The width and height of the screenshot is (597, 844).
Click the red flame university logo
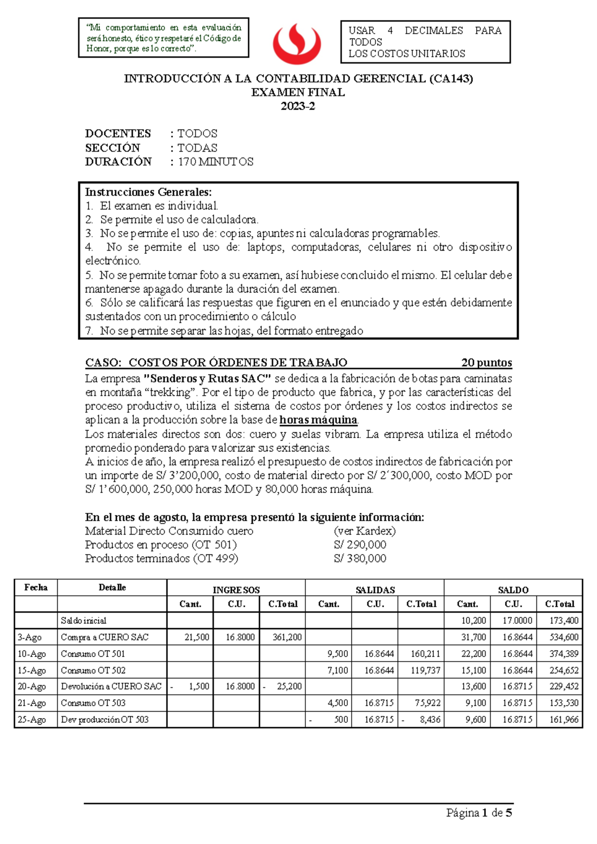pyautogui.click(x=297, y=44)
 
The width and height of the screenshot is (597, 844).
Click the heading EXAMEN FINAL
pyautogui.click(x=298, y=93)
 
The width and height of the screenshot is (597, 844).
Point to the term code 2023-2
pyautogui.click(x=298, y=106)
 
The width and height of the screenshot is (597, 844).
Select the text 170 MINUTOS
pyautogui.click(x=215, y=162)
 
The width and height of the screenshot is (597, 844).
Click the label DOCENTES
pyautogui.click(x=118, y=133)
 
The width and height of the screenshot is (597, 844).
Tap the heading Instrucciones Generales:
pyautogui.click(x=148, y=192)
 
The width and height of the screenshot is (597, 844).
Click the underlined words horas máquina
pyautogui.click(x=318, y=420)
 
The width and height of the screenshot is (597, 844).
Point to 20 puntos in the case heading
pyautogui.click(x=486, y=363)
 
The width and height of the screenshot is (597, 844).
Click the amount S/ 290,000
pyautogui.click(x=360, y=545)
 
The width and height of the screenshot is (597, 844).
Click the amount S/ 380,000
pyautogui.click(x=360, y=559)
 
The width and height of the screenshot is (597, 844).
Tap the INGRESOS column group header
pyautogui.click(x=236, y=590)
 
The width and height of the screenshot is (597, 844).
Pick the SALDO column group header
pyautogui.click(x=513, y=590)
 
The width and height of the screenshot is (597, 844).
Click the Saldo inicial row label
pyautogui.click(x=84, y=621)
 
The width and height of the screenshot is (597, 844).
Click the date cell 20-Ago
pyautogui.click(x=32, y=686)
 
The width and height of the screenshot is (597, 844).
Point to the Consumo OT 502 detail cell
pyautogui.click(x=93, y=670)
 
